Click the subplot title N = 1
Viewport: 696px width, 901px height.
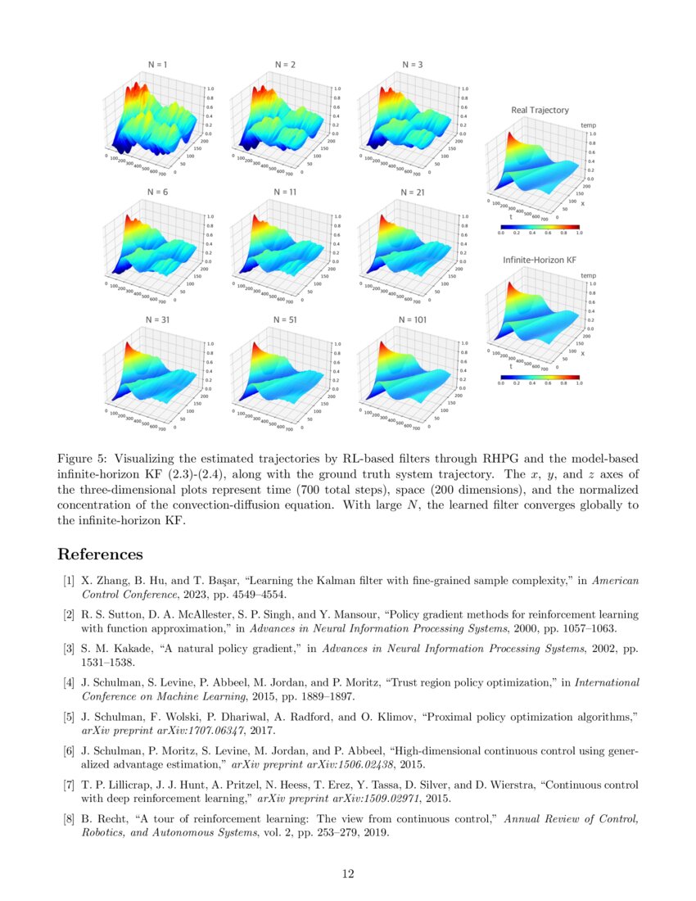pyautogui.click(x=157, y=64)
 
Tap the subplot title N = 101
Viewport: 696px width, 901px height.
pyautogui.click(x=412, y=319)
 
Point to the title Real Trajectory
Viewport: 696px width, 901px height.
pyautogui.click(x=540, y=110)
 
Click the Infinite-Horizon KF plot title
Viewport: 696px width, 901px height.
pyautogui.click(x=540, y=260)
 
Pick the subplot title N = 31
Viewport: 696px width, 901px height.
pyautogui.click(x=157, y=319)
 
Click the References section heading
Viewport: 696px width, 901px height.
pyautogui.click(x=100, y=555)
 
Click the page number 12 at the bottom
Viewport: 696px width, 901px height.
pyautogui.click(x=348, y=874)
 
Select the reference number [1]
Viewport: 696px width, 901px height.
pyautogui.click(x=70, y=581)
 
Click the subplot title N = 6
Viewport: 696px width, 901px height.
pyautogui.click(x=157, y=192)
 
